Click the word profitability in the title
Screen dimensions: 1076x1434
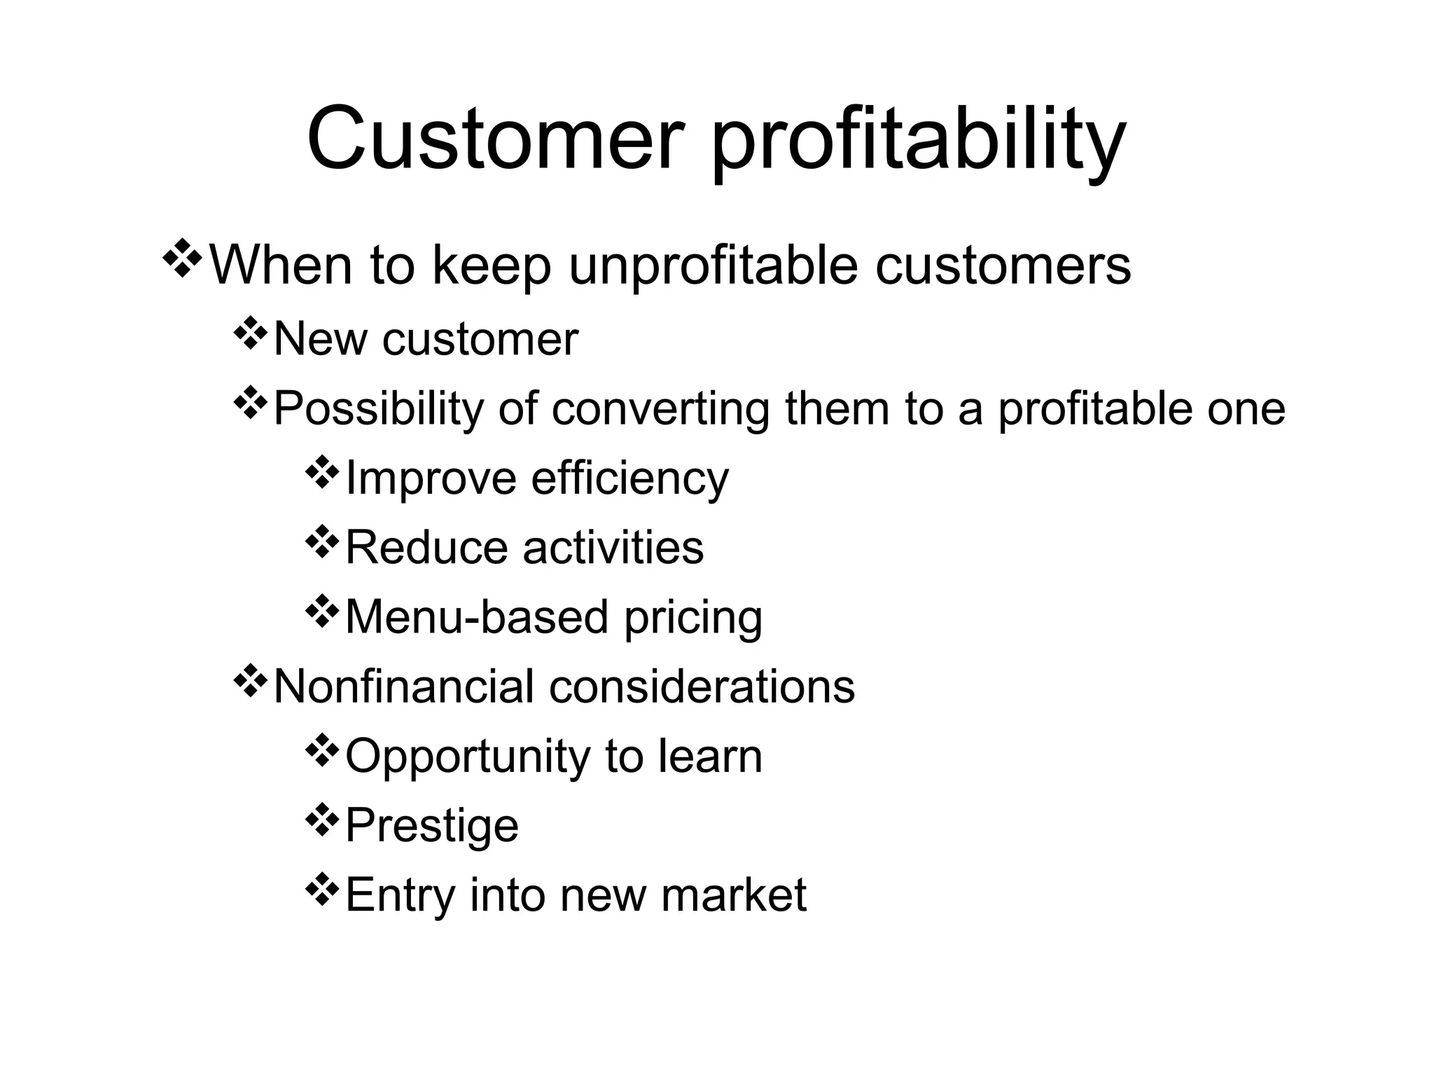click(918, 144)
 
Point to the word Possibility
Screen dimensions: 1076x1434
click(378, 409)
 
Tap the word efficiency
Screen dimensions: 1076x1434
click(629, 479)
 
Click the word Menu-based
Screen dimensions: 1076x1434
click(476, 616)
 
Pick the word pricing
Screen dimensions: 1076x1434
click(692, 619)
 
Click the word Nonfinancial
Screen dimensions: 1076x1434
click(403, 686)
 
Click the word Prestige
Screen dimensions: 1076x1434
click(431, 826)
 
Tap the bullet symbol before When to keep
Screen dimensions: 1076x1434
click(181, 259)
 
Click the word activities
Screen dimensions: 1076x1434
click(613, 547)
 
